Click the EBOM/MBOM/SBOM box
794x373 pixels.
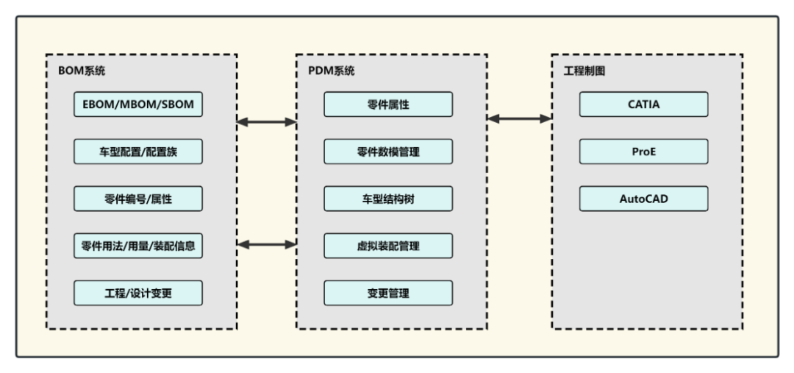point(137,104)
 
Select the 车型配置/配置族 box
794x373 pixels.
point(137,152)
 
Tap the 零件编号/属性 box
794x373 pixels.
point(137,199)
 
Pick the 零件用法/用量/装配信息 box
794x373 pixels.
point(137,246)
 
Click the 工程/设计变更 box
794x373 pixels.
point(137,293)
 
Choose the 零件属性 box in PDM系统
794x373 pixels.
point(388,104)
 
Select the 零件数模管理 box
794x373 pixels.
point(388,152)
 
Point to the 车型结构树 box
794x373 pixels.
point(388,199)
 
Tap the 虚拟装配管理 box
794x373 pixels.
point(388,246)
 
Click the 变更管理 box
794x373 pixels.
point(388,293)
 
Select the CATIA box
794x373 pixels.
point(643,104)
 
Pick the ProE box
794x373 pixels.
point(643,152)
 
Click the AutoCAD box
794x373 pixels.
point(643,199)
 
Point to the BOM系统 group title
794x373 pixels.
point(82,71)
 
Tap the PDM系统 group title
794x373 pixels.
point(331,71)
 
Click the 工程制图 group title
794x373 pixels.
point(584,71)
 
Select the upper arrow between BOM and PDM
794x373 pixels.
point(266,122)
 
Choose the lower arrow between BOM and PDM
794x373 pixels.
point(266,244)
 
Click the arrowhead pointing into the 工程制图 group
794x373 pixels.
point(546,118)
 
